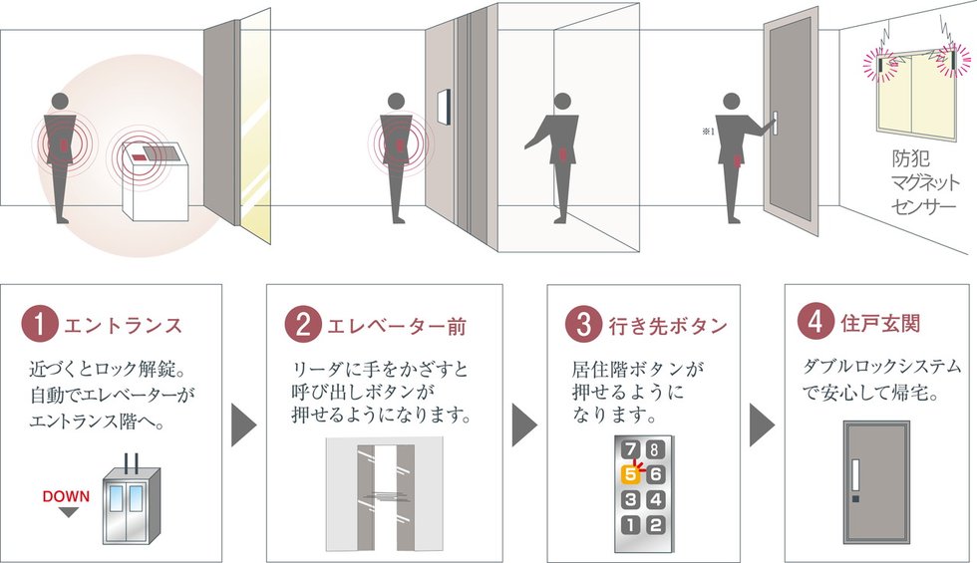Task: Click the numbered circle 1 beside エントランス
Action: coord(39,324)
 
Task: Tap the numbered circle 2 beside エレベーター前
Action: coord(302,325)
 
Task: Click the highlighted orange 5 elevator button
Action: coord(630,475)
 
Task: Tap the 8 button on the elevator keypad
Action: coord(654,449)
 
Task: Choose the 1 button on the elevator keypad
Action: coord(630,525)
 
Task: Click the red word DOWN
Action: coord(66,496)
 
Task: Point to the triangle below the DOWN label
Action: coord(68,512)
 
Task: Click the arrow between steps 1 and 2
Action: coord(243,425)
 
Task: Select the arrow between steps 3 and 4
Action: coord(762,425)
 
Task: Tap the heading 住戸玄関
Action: coord(879,324)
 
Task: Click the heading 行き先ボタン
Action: coord(667,326)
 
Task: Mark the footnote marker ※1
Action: coord(708,132)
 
